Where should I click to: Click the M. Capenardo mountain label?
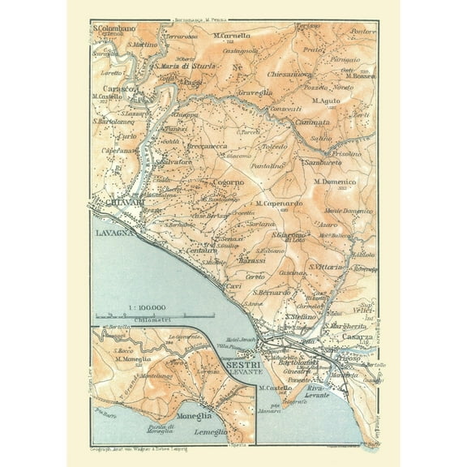[281, 204]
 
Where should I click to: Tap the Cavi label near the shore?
[233, 287]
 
